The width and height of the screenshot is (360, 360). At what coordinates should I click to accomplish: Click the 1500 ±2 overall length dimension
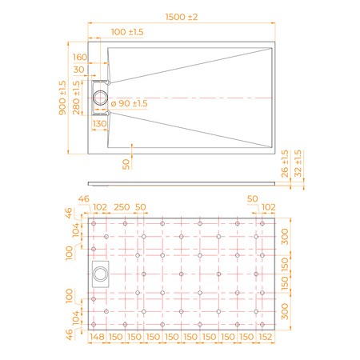tap(182, 17)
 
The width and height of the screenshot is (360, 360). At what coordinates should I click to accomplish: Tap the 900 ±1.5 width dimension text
tap(62, 98)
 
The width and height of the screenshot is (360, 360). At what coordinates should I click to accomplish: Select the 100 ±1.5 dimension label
tap(127, 32)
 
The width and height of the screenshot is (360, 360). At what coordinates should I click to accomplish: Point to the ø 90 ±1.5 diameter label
tap(129, 103)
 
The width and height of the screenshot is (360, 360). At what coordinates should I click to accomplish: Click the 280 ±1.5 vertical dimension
tap(76, 98)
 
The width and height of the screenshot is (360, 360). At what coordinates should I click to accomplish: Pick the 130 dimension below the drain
tap(99, 124)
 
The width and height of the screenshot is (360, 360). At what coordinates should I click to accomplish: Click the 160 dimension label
tap(80, 57)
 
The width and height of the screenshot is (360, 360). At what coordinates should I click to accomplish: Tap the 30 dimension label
tap(78, 70)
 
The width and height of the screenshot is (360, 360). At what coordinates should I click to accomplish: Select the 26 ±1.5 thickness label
tap(285, 163)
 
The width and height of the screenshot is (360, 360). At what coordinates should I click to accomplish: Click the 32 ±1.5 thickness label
tap(298, 163)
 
